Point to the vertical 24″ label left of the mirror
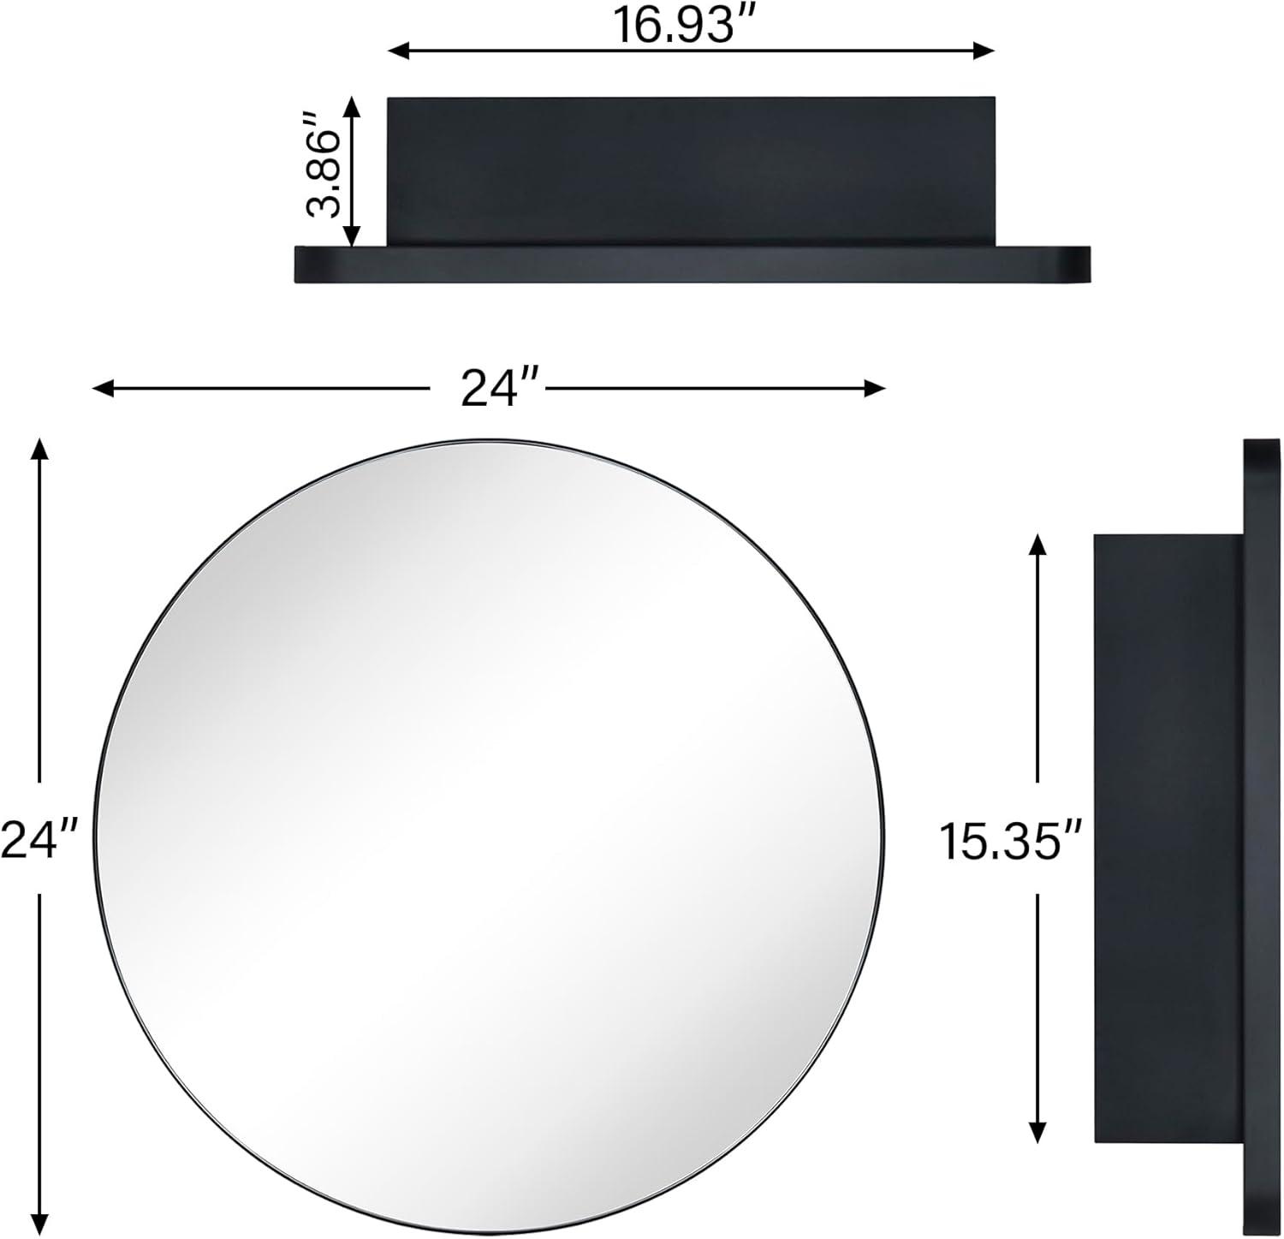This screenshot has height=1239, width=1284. [39, 838]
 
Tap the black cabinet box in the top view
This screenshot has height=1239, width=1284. [690, 171]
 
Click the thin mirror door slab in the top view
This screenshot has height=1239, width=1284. [692, 265]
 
